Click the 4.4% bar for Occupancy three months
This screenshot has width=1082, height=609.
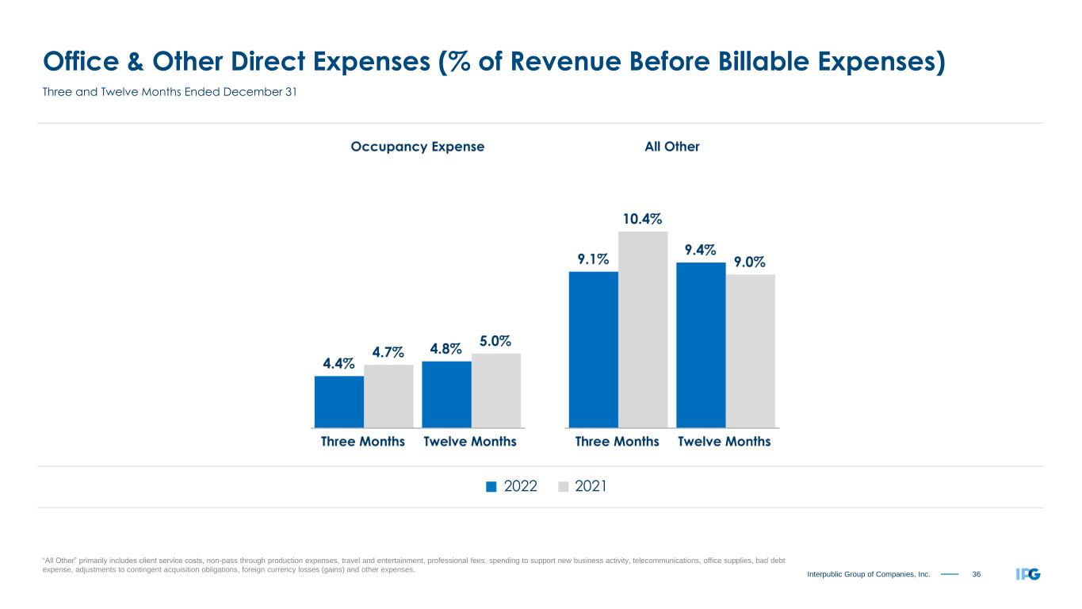tap(339, 401)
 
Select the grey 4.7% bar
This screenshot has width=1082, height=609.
tap(388, 396)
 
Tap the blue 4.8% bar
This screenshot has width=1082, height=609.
tap(446, 394)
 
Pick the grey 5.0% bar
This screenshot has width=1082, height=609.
tap(496, 390)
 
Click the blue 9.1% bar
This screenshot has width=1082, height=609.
tap(594, 349)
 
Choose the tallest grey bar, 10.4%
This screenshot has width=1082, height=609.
tap(643, 329)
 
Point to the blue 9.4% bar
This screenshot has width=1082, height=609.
tap(701, 345)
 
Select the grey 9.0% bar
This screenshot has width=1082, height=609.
tap(750, 350)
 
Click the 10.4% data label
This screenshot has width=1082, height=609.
tap(642, 218)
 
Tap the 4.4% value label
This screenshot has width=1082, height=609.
tap(338, 363)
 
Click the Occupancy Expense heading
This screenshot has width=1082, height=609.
tap(417, 147)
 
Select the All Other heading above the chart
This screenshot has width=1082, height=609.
tap(672, 147)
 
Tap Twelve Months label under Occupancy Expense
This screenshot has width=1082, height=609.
tap(470, 442)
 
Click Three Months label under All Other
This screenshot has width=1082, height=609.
tap(617, 442)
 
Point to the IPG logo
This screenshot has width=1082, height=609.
tap(1027, 574)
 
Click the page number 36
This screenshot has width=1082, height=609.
tap(977, 574)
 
